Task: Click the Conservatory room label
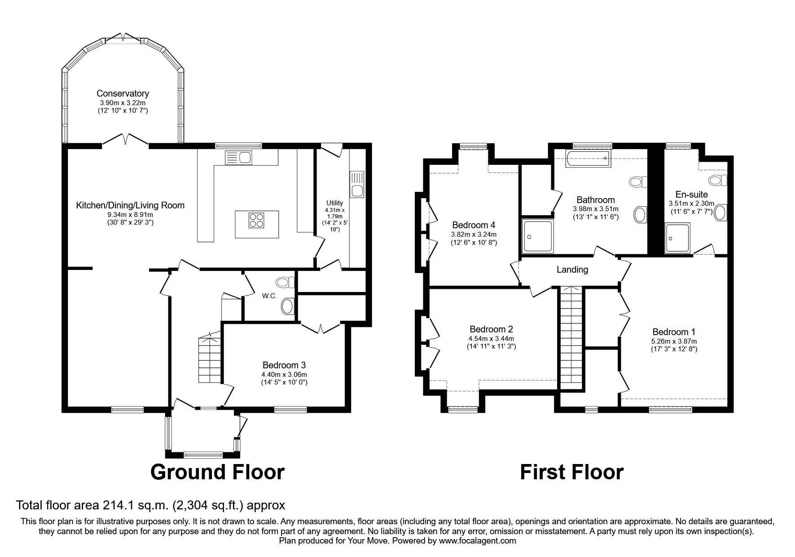click(123, 93)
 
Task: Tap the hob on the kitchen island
click(257, 221)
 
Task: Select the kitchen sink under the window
click(238, 158)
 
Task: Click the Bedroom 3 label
click(284, 365)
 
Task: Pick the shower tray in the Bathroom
click(538, 235)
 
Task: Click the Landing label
click(572, 270)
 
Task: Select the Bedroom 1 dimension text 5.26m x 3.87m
click(674, 341)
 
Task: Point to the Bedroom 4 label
click(473, 225)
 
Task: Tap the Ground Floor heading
click(217, 472)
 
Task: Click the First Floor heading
click(571, 472)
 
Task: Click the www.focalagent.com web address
click(477, 541)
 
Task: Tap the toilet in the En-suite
click(717, 181)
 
